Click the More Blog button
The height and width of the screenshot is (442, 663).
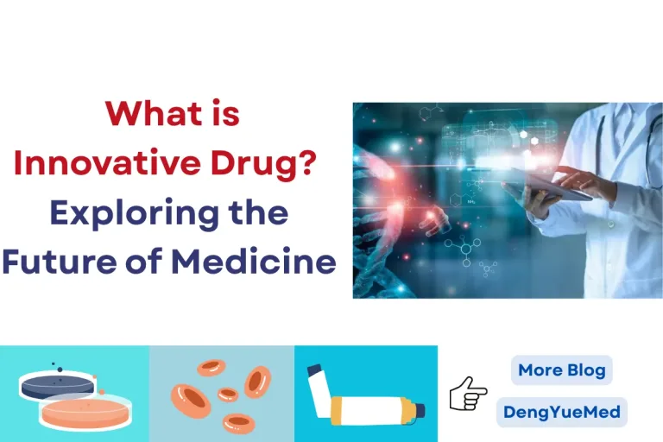point(561,371)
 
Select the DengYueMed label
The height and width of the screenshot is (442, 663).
point(561,412)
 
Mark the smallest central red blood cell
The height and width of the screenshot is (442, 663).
point(227,395)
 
